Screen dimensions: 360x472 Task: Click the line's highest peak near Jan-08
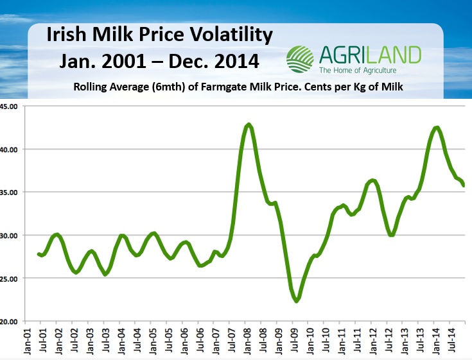click(x=249, y=124)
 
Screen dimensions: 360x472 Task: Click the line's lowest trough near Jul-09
click(x=297, y=300)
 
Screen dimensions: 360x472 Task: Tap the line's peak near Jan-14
click(x=437, y=128)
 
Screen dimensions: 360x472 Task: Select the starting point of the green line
click(x=39, y=254)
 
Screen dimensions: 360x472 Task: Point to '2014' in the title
click(x=231, y=62)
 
